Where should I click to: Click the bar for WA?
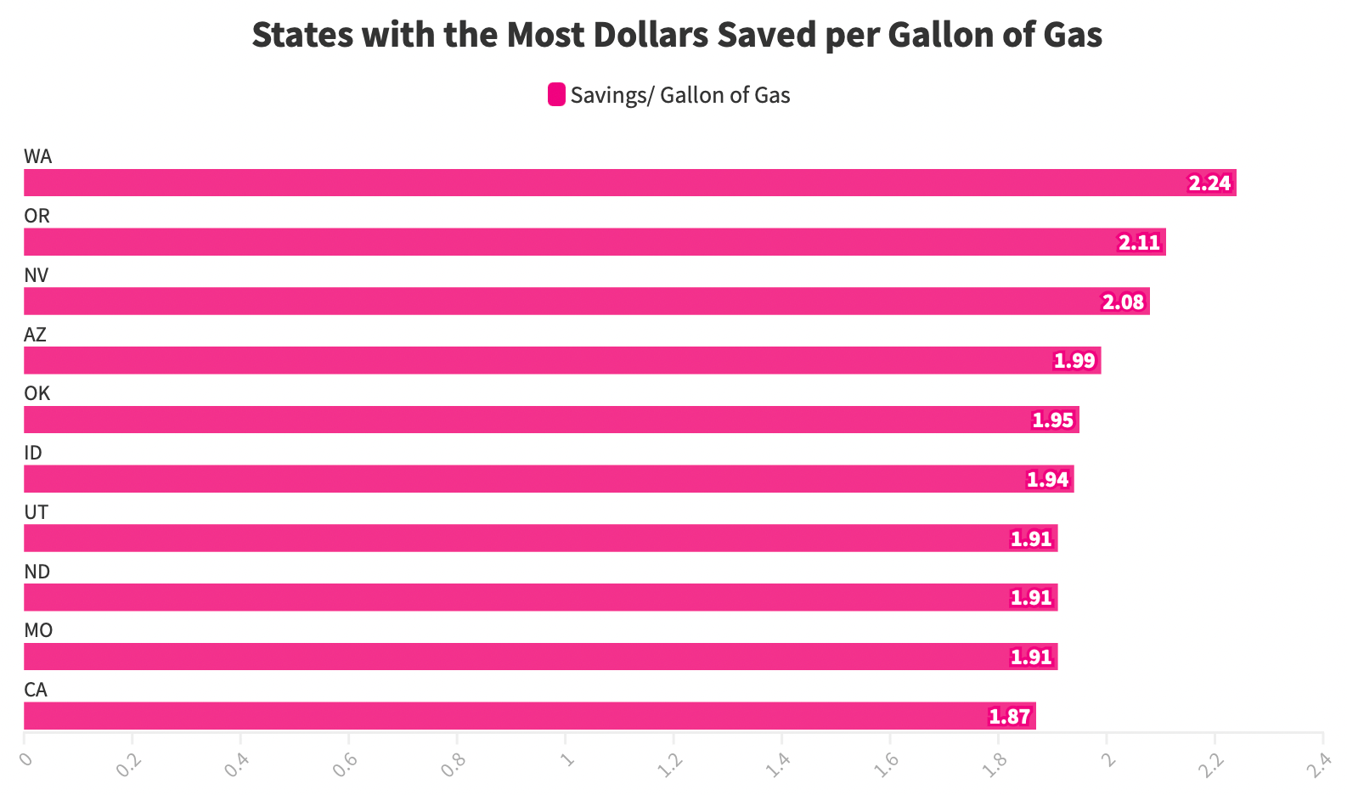tap(628, 183)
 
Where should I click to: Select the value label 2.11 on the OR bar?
tap(1138, 243)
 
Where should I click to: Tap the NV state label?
tap(37, 275)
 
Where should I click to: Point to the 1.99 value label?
tap(1074, 361)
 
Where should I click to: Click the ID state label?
tap(33, 453)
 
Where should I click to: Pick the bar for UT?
tap(540, 538)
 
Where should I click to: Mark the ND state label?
tap(37, 572)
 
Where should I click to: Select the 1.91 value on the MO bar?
tap(1031, 657)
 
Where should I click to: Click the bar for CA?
tap(529, 716)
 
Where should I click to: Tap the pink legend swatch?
tap(556, 94)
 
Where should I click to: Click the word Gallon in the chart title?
tap(930, 35)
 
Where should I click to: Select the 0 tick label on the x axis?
tap(25, 758)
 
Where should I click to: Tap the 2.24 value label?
tap(1209, 183)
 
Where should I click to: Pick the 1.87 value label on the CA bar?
tap(1009, 717)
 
